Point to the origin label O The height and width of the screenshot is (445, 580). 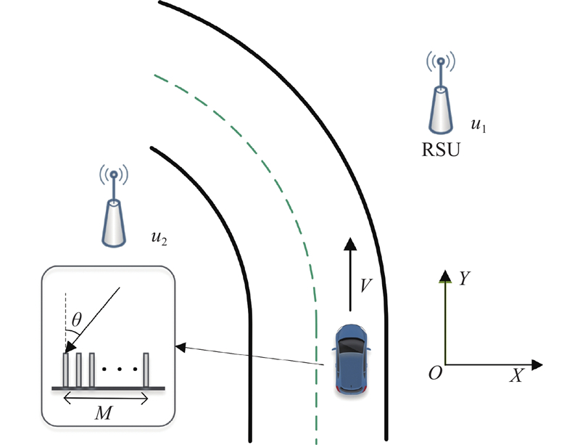[x=436, y=373]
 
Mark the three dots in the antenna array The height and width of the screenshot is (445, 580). [x=118, y=370]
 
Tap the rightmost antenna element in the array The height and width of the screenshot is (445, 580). [x=146, y=370]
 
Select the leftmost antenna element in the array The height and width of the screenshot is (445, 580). [x=66, y=370]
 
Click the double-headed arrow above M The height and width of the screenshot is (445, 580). [x=106, y=396]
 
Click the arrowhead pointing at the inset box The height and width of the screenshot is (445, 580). [x=181, y=348]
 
